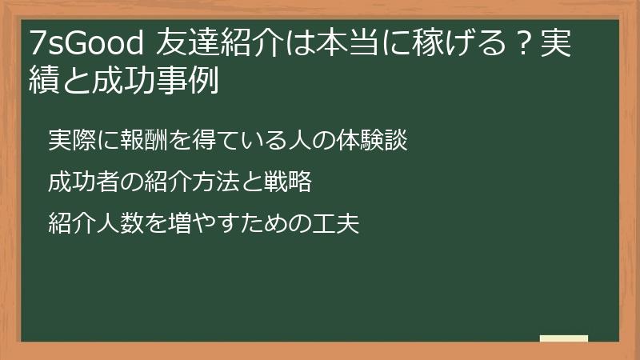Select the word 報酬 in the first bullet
coord(143,141)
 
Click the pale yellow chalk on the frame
coord(564,338)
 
